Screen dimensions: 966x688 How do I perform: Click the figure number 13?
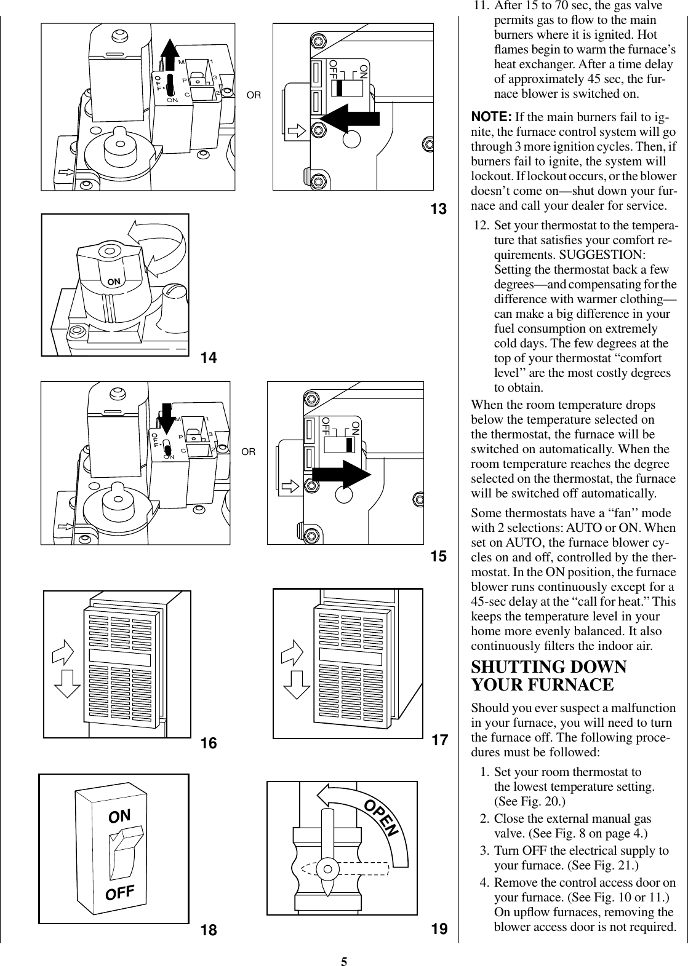pyautogui.click(x=438, y=210)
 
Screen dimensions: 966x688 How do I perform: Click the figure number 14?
pyautogui.click(x=210, y=357)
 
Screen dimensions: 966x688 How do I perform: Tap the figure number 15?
pyautogui.click(x=438, y=557)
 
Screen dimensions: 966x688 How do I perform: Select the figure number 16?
pyautogui.click(x=209, y=743)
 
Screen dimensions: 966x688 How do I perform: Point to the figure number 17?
pyautogui.click(x=439, y=740)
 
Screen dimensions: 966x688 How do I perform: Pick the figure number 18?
pyautogui.click(x=209, y=930)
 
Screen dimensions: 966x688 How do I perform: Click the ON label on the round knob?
pyautogui.click(x=114, y=282)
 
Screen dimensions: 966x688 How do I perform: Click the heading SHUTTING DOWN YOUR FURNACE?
pyautogui.click(x=548, y=676)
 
